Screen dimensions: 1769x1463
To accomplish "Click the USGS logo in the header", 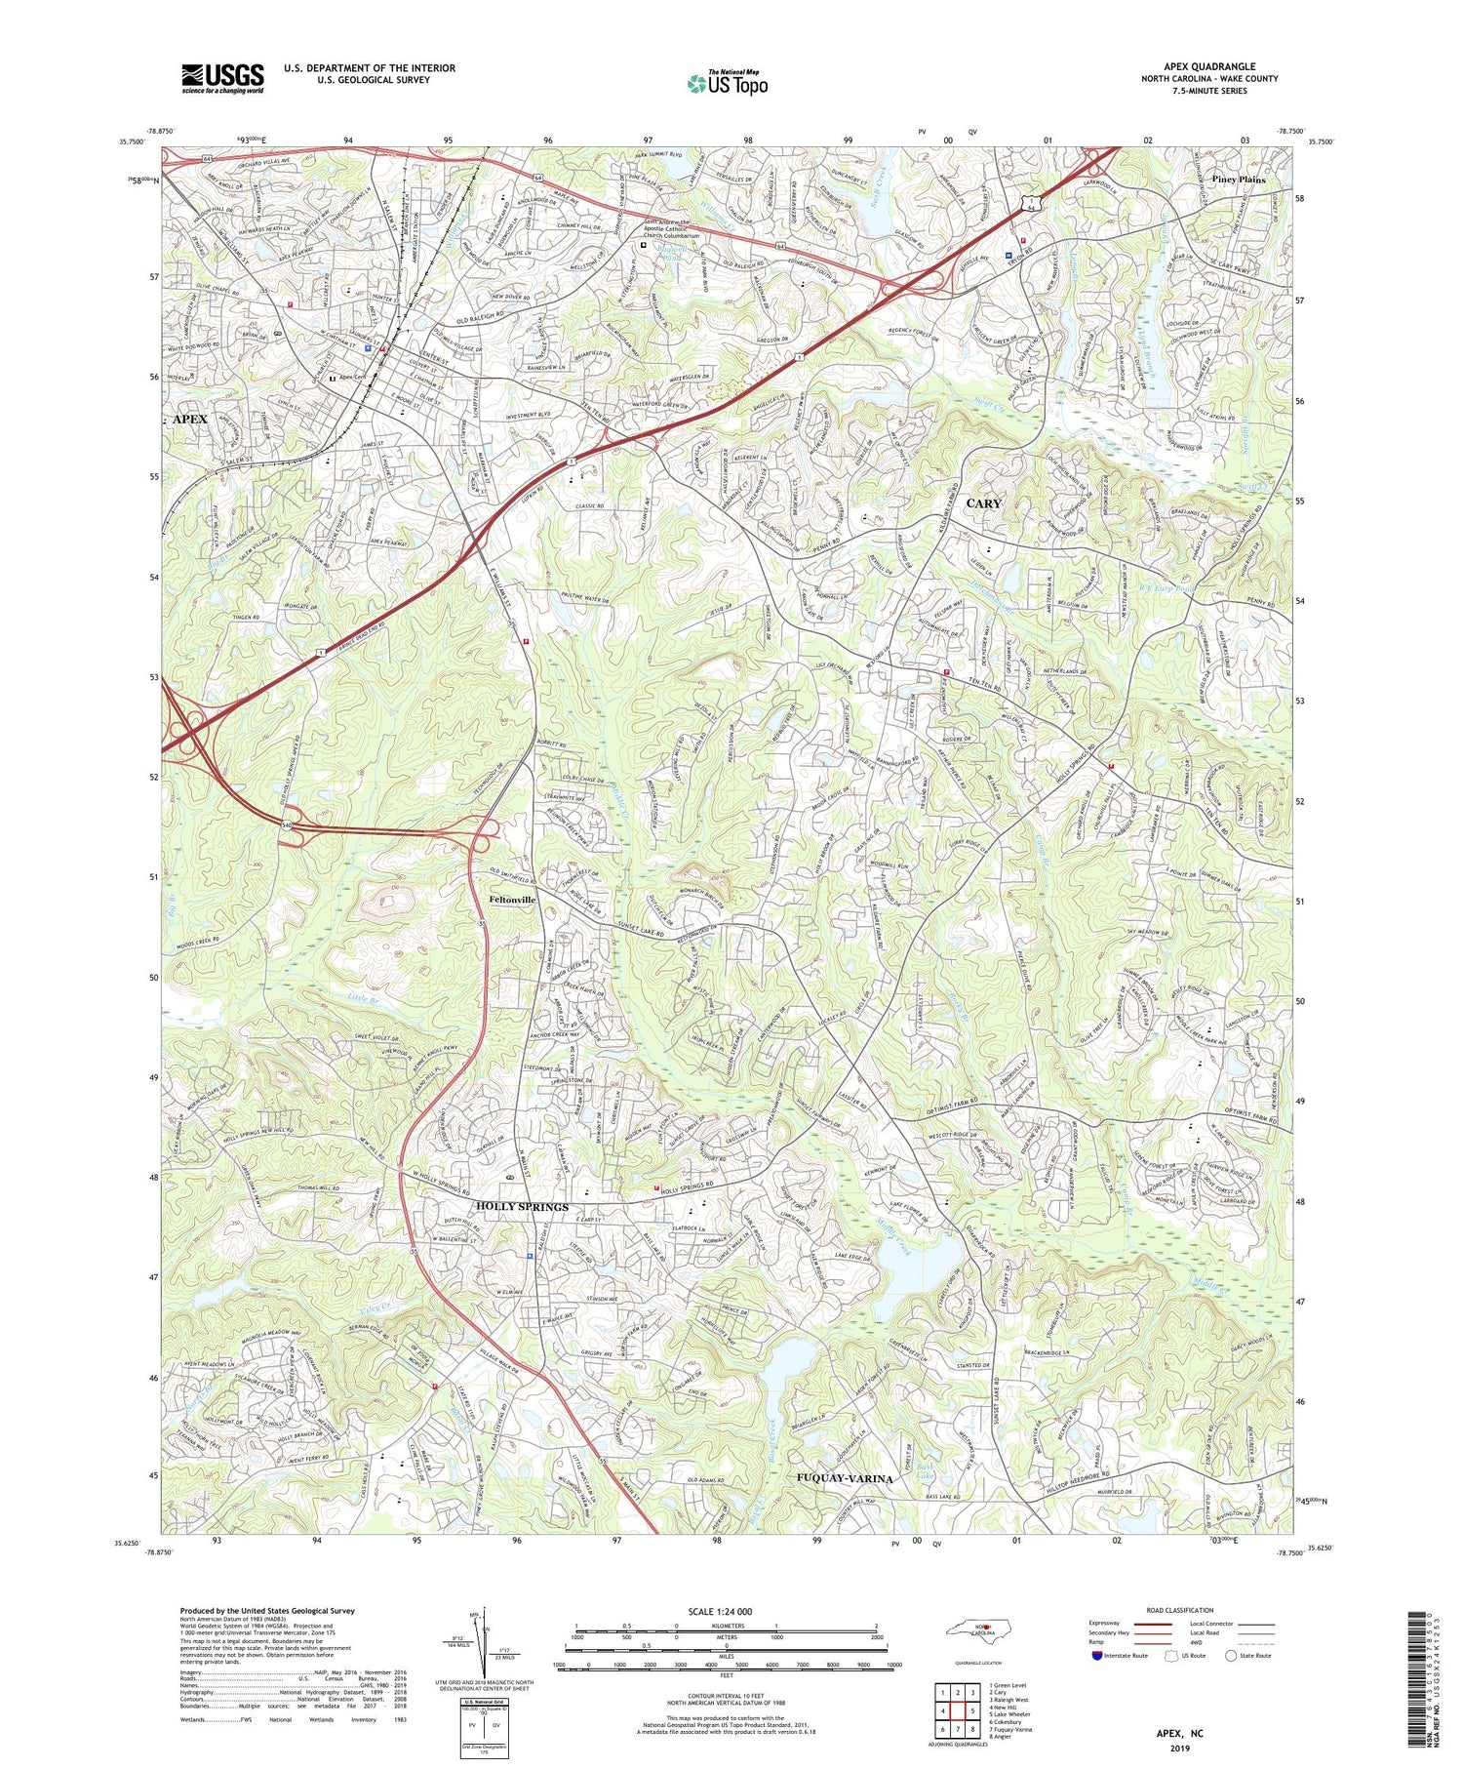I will [222, 78].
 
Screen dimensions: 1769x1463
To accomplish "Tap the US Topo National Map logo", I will [727, 84].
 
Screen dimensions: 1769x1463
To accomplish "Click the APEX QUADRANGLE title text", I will [1211, 66].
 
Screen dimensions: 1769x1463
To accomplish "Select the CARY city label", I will [983, 503].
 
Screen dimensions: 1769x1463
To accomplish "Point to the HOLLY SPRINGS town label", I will [522, 1207].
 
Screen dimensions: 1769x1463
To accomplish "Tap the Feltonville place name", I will [512, 900].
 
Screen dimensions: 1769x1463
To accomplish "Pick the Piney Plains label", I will [1238, 180].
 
